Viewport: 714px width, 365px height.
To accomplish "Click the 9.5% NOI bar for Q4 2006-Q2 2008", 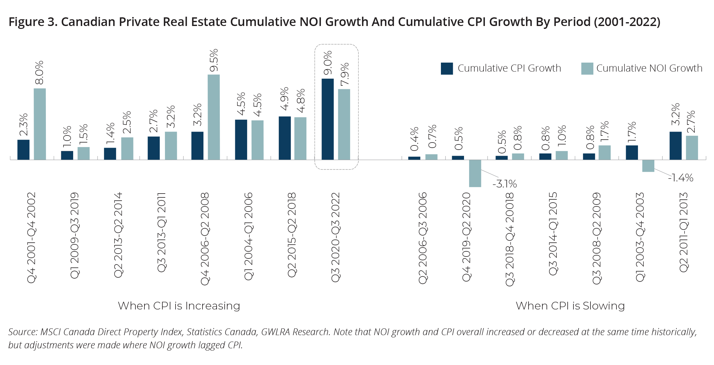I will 214,117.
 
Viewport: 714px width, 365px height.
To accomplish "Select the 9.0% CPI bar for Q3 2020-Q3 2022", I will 328,119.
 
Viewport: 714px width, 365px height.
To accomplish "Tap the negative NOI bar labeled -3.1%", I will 475,173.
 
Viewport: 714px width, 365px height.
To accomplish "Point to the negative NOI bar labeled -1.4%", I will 648,166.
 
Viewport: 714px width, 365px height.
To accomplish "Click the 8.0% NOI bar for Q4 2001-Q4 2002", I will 40,124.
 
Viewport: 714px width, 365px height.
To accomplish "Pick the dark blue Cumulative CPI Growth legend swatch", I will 447,68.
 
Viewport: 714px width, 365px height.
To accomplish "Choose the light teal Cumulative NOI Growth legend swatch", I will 587,68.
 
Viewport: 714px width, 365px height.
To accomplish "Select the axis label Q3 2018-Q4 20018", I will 510,239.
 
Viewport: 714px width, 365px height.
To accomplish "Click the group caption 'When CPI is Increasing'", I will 179,306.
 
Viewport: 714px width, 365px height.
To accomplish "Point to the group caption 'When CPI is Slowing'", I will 570,306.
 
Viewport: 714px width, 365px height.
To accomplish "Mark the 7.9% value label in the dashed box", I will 345,74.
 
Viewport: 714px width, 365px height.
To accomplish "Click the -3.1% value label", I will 505,184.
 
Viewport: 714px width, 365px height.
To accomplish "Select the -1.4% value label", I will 681,178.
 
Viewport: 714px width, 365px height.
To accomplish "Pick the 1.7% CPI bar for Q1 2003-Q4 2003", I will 632,152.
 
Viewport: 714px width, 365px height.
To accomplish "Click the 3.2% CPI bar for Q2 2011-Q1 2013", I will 675,146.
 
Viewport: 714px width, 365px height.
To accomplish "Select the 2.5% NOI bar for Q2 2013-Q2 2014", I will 127,149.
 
